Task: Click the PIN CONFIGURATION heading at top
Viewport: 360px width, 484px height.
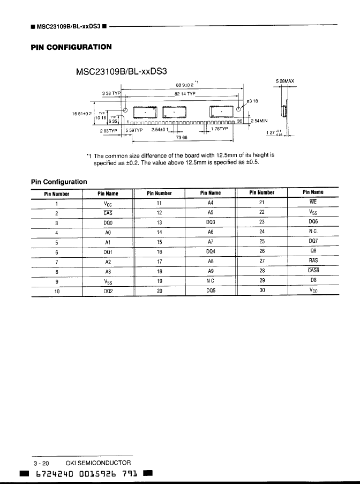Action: click(x=71, y=47)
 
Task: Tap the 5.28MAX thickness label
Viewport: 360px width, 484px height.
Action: click(x=284, y=81)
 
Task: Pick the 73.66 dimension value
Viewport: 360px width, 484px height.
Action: click(x=181, y=138)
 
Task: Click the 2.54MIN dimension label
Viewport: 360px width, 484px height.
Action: click(x=259, y=121)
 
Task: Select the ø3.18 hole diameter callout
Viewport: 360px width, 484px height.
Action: click(x=252, y=100)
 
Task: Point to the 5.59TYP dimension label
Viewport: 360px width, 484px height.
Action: click(x=134, y=129)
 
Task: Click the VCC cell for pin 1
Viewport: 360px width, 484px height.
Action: click(x=108, y=203)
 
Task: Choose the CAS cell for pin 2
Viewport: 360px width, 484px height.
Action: click(x=108, y=213)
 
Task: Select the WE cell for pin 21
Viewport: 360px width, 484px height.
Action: click(x=313, y=202)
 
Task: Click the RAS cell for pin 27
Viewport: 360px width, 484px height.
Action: click(x=313, y=260)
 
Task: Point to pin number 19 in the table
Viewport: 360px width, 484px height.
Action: click(x=159, y=280)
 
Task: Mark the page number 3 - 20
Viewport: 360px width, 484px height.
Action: click(x=41, y=463)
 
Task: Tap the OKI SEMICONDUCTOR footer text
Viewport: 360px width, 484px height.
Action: click(x=97, y=463)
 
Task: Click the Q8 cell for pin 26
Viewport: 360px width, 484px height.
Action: click(x=313, y=251)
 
